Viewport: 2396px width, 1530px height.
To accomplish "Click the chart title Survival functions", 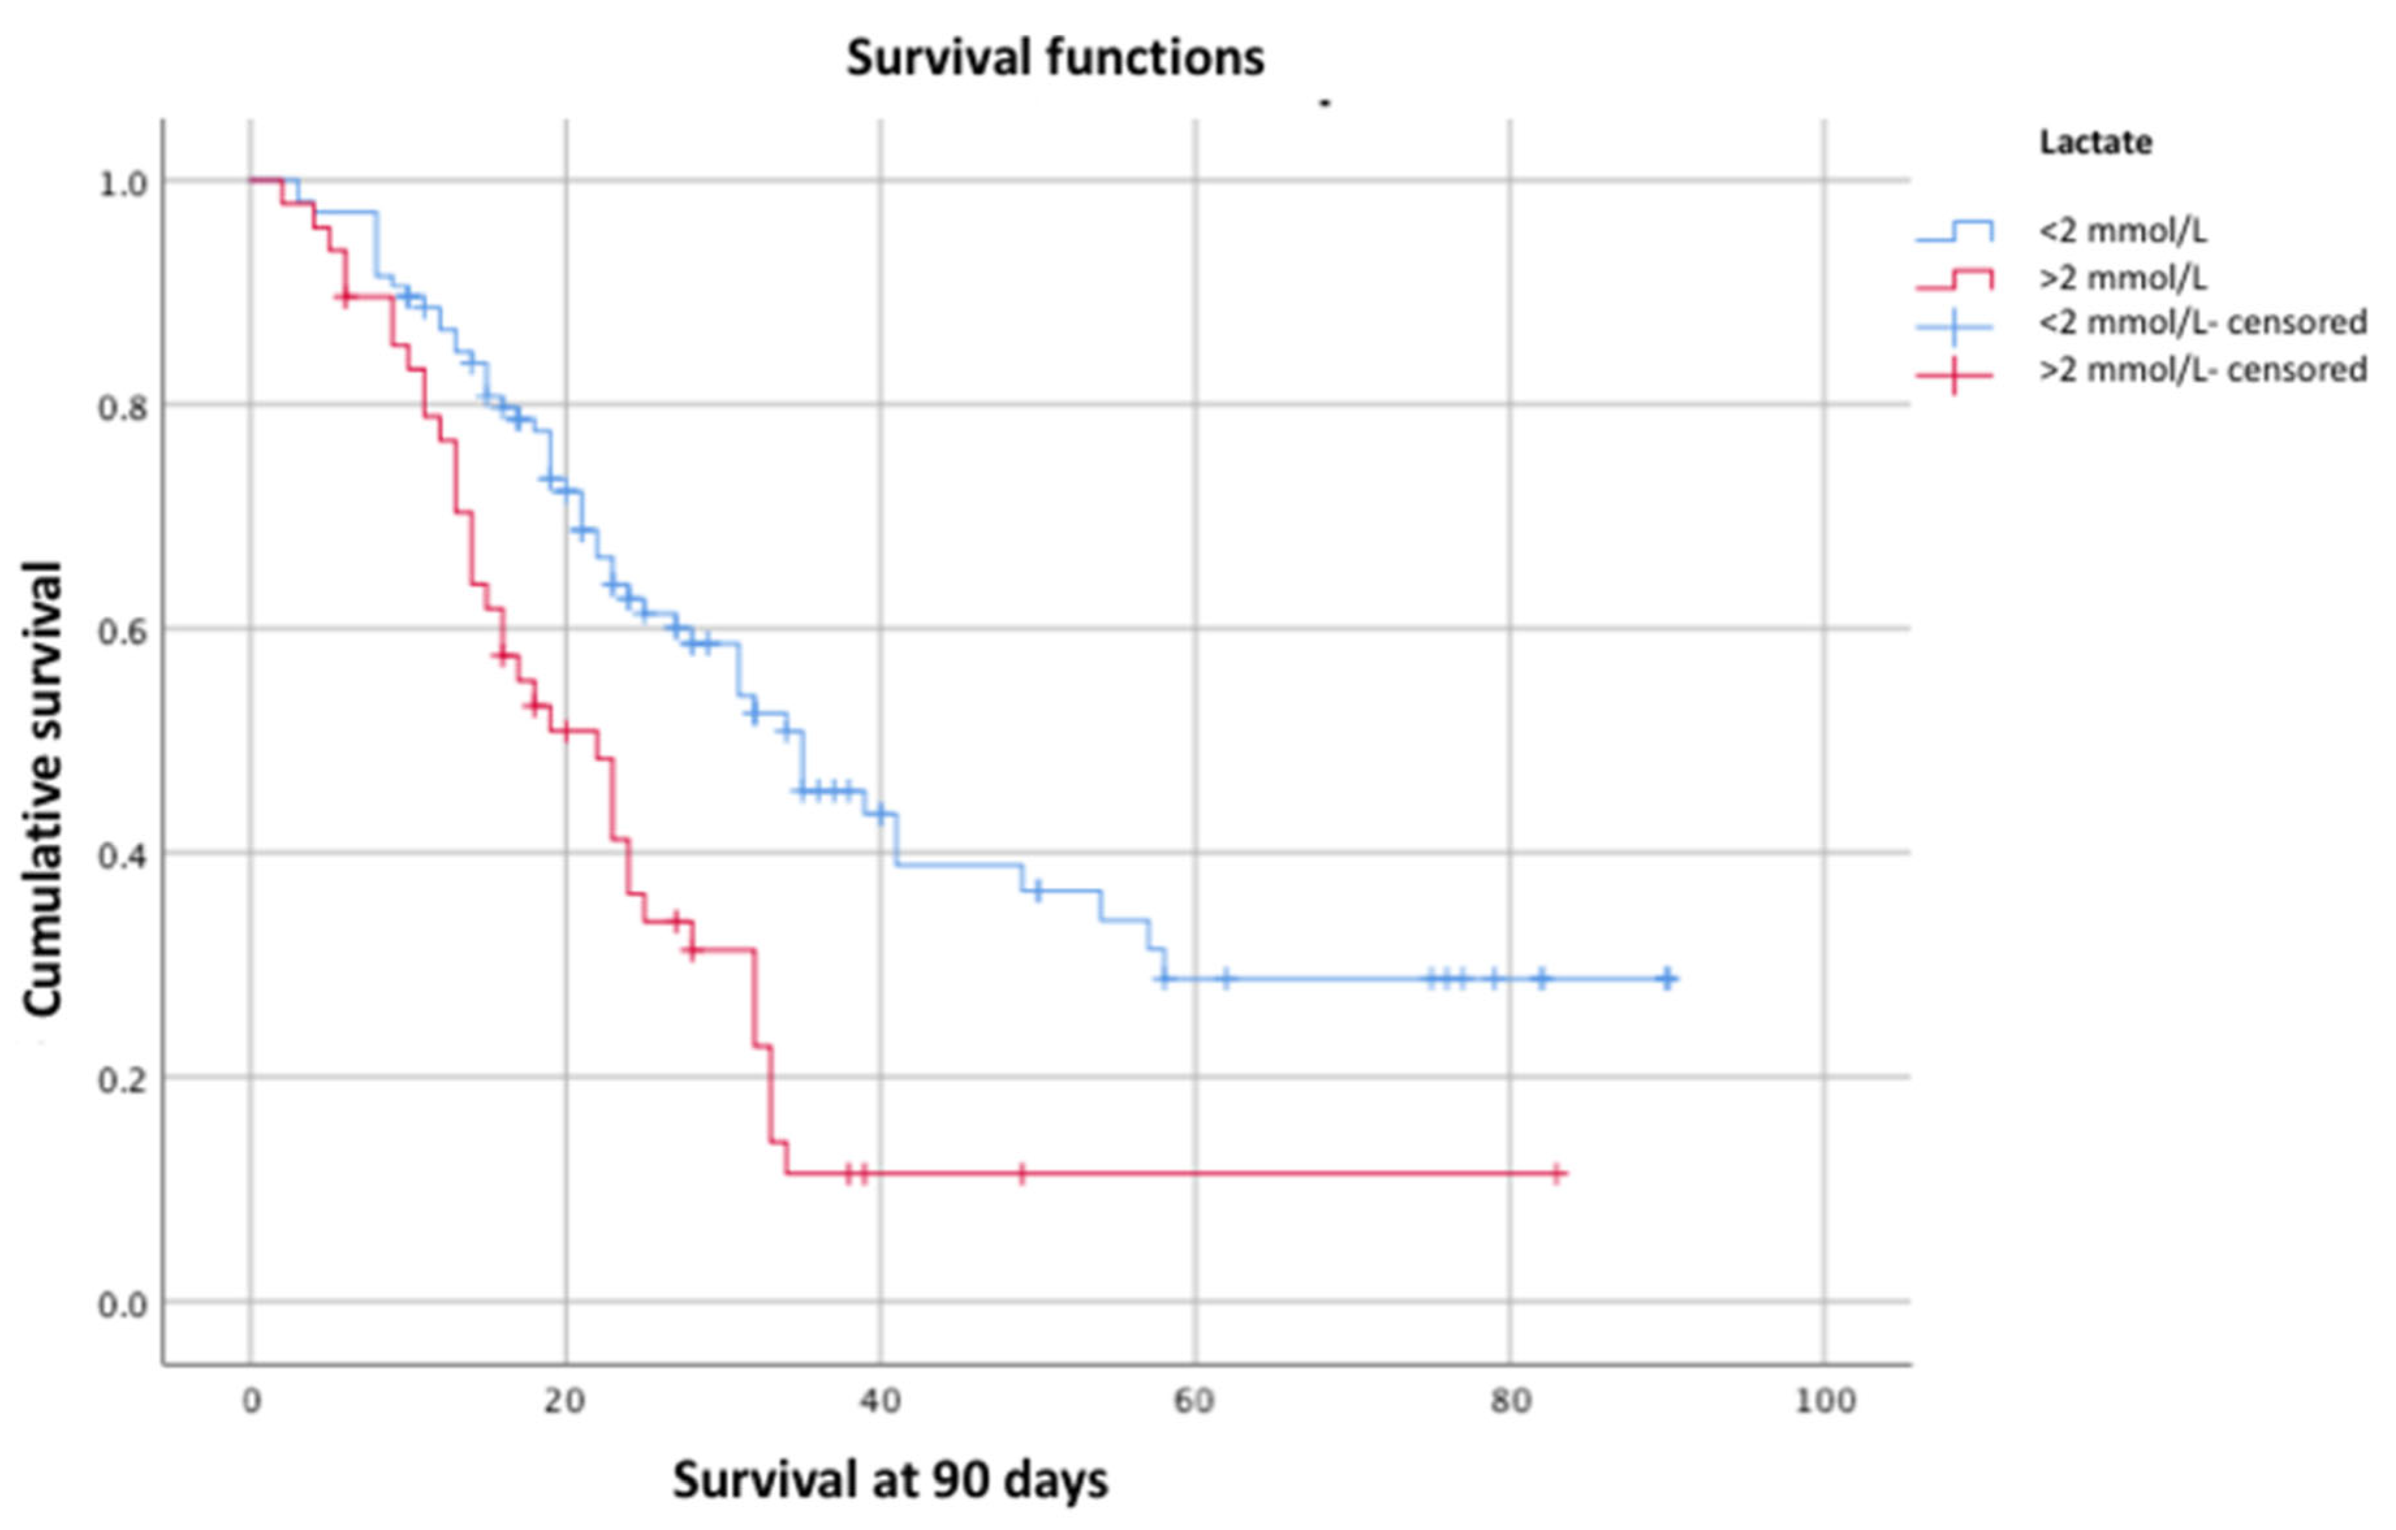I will point(1055,58).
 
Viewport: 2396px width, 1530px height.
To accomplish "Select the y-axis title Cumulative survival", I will point(44,789).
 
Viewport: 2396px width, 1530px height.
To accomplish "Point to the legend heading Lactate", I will point(2095,142).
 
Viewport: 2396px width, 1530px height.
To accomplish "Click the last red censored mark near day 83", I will point(1557,1174).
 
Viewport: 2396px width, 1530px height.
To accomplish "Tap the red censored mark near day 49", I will point(1022,1174).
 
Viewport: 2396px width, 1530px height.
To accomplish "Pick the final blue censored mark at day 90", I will point(1668,979).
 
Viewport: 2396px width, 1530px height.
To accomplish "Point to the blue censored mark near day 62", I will point(1226,979).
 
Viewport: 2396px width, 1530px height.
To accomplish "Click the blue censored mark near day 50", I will point(1038,891).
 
